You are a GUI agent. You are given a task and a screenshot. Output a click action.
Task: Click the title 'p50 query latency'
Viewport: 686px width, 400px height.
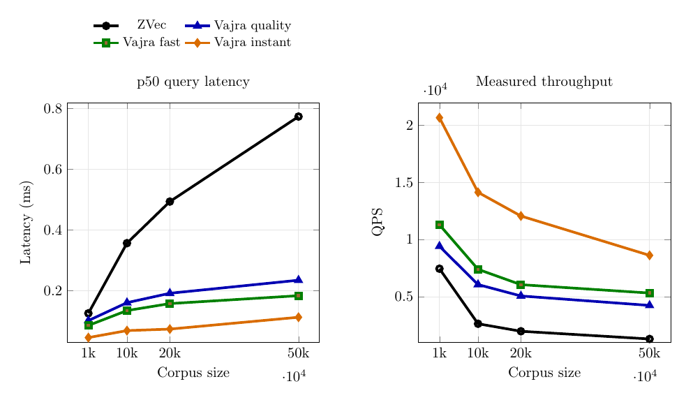[x=193, y=82]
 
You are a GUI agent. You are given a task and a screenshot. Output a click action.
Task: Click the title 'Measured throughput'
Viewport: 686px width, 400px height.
[x=544, y=82]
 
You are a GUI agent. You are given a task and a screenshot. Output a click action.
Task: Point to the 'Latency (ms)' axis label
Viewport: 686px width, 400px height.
[x=26, y=223]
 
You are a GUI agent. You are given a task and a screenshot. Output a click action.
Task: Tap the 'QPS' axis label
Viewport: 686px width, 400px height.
[x=378, y=222]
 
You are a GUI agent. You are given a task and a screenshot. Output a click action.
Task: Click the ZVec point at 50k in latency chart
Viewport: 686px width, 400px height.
[x=298, y=117]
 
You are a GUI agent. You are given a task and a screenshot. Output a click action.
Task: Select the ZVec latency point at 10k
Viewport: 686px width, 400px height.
[x=127, y=243]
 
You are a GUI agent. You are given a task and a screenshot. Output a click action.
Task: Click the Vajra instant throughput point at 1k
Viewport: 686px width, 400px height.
[x=440, y=118]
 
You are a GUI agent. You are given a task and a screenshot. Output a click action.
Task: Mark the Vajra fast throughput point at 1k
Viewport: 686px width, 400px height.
[x=440, y=225]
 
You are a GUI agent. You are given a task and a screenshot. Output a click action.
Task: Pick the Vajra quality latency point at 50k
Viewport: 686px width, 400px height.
[x=298, y=280]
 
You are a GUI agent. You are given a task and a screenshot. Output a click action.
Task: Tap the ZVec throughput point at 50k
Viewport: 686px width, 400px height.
[x=649, y=339]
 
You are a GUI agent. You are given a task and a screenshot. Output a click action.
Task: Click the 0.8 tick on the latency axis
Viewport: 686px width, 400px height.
[x=53, y=109]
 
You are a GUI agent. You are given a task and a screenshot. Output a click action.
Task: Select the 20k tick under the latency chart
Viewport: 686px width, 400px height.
[x=170, y=353]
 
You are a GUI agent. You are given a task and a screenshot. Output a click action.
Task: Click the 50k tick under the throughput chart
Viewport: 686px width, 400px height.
[x=649, y=353]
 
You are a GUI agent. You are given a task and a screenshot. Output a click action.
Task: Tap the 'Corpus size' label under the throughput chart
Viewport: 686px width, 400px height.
[x=544, y=373]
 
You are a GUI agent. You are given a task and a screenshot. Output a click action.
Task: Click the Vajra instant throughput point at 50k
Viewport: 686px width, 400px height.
[x=649, y=255]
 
